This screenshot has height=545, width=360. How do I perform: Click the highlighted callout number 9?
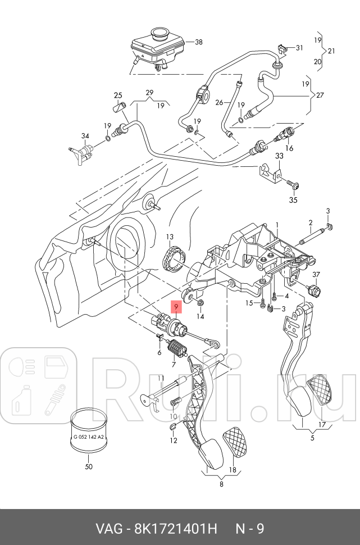tap(176, 307)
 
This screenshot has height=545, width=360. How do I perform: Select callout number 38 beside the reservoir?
tap(198, 42)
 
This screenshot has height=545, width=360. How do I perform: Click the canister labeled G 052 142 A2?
tap(89, 430)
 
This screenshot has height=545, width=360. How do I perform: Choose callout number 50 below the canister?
tap(89, 466)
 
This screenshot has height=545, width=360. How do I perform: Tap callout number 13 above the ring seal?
tap(169, 237)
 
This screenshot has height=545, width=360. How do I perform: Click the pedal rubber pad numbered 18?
tap(235, 442)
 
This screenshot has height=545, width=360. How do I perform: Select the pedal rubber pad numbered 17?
tap(322, 389)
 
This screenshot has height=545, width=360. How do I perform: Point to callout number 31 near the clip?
tap(299, 48)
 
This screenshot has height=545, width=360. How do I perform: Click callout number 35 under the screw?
tap(293, 200)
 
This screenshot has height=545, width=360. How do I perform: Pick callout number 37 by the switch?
tap(316, 275)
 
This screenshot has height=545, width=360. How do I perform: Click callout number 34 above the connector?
tap(85, 136)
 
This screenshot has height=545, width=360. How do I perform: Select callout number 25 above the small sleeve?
tap(118, 96)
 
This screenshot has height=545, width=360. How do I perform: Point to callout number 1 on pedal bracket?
tap(277, 225)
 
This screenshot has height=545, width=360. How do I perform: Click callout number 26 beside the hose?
tap(219, 102)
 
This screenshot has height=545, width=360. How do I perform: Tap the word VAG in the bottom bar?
tap(109, 529)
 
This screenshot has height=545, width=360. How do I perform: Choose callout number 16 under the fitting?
tap(289, 148)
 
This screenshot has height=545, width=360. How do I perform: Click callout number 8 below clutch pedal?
tap(221, 484)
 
